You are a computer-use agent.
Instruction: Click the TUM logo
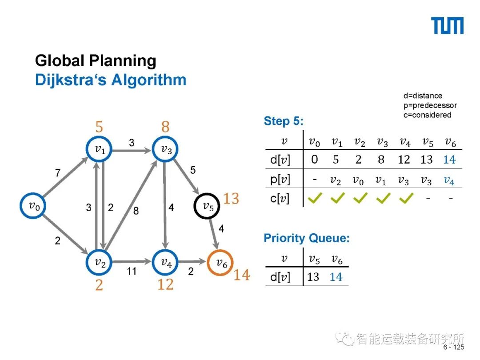point(448,26)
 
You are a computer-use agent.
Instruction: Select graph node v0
point(33,205)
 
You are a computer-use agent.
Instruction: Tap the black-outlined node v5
point(208,206)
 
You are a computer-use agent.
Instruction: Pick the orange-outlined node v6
point(221,262)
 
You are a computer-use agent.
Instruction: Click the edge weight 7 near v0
point(58,173)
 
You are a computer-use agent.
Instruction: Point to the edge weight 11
point(132,271)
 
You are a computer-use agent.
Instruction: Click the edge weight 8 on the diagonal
point(136,211)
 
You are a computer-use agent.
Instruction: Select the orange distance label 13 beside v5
point(231,199)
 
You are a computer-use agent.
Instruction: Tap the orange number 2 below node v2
point(99,285)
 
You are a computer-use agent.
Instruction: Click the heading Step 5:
point(284,121)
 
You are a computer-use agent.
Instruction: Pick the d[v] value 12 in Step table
point(404,160)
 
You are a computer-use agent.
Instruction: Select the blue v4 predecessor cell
point(449,180)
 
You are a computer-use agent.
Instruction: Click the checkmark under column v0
point(315,199)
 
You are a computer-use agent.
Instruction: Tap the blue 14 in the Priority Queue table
point(336,277)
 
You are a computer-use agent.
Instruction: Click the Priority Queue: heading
point(307,238)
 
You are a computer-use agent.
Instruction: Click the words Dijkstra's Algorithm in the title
point(111,80)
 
